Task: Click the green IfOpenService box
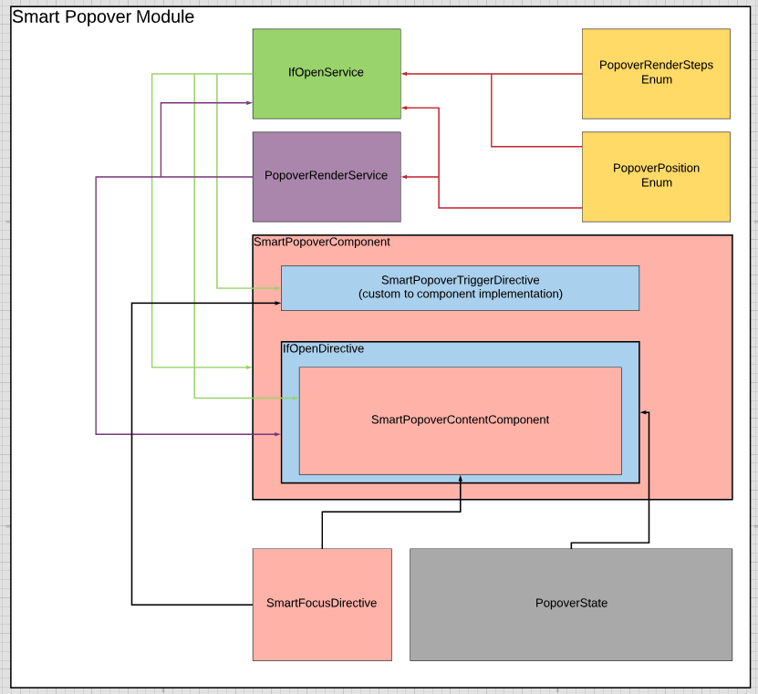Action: tap(327, 73)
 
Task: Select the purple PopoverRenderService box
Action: tap(327, 176)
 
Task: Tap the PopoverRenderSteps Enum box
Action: tap(656, 73)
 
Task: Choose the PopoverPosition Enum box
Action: tap(656, 176)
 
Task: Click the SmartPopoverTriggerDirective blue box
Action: tap(460, 287)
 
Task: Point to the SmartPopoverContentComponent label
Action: tap(460, 420)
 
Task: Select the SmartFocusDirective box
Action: tap(321, 603)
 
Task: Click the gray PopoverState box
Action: tap(571, 603)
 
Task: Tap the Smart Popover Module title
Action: tap(103, 16)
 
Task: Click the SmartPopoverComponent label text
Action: tap(322, 243)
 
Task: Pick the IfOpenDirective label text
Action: tap(324, 349)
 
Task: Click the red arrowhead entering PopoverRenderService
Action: tap(405, 176)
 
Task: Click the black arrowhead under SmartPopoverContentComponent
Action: tap(461, 479)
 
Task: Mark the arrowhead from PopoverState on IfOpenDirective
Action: tap(643, 413)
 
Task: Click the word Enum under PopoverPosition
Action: tap(656, 183)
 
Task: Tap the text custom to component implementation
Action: tap(460, 295)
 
